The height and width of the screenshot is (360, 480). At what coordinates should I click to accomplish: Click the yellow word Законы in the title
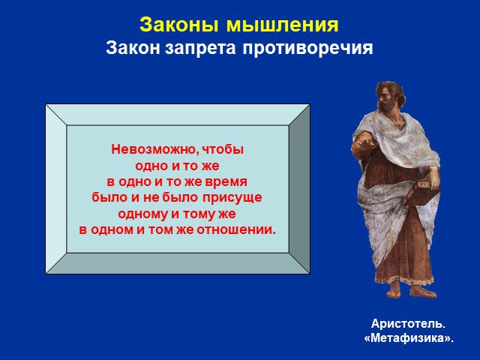pos(179,25)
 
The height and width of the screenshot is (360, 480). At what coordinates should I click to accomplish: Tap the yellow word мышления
pos(283,25)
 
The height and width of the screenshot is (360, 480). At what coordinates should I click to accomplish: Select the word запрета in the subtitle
pos(200,48)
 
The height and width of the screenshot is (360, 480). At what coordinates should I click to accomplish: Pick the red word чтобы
pos(223,150)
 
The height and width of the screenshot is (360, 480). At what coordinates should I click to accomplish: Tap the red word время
pos(226,181)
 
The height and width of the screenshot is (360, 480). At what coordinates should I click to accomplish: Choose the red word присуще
pos(232,198)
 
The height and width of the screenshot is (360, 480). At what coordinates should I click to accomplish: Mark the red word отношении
pos(236,229)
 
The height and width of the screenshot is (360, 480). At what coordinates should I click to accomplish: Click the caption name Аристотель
pos(408,324)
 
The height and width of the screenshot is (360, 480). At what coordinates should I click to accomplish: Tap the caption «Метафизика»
pos(408,338)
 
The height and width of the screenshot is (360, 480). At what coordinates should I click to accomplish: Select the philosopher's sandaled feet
pos(409,291)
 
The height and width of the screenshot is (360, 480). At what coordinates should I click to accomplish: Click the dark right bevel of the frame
pos(299,189)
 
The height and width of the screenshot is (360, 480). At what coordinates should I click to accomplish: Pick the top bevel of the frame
pos(178,115)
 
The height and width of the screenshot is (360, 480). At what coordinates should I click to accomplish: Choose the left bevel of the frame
pos(56,189)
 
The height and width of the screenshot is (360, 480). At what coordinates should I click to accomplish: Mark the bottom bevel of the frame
pos(178,263)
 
